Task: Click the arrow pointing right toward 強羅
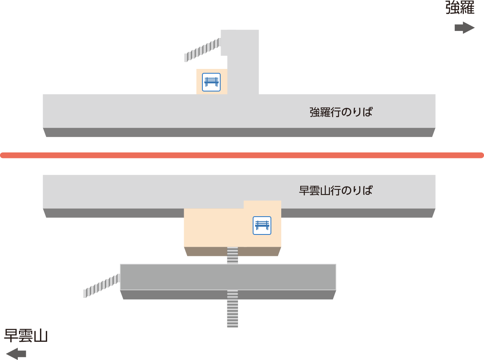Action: [x=464, y=28]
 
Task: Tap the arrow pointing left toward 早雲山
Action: [x=16, y=354]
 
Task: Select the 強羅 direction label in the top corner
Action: [x=460, y=8]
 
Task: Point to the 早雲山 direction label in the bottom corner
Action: [x=26, y=336]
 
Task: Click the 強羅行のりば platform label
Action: [x=341, y=112]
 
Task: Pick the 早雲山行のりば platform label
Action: [x=335, y=190]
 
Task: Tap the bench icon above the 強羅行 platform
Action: [x=211, y=82]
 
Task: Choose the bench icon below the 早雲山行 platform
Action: [x=262, y=226]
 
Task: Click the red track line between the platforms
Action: [x=242, y=155]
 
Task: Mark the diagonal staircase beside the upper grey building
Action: [x=202, y=50]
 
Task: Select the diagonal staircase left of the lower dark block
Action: [x=102, y=286]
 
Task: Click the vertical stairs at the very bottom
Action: [x=232, y=309]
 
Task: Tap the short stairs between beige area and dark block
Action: [x=232, y=255]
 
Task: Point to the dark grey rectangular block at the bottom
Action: [x=228, y=277]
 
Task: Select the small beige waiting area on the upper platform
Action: [x=212, y=82]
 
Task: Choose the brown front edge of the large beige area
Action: [x=232, y=251]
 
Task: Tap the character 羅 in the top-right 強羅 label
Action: [x=467, y=8]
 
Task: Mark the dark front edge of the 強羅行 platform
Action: [x=239, y=132]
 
